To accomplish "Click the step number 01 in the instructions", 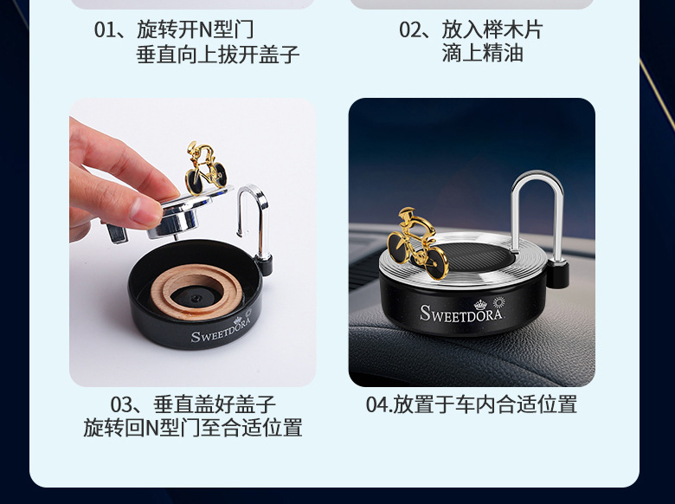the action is pyautogui.click(x=105, y=30).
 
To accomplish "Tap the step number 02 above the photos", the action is pyautogui.click(x=409, y=30).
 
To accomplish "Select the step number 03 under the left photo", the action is pyautogui.click(x=121, y=405).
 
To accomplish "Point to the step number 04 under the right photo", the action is pyautogui.click(x=376, y=405).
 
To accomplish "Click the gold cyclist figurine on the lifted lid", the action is pyautogui.click(x=205, y=168).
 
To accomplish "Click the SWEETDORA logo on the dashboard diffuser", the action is pyautogui.click(x=461, y=313).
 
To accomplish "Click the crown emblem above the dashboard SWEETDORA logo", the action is pyautogui.click(x=480, y=305).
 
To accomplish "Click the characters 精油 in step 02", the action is pyautogui.click(x=503, y=54).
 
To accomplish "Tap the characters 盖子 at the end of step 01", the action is pyautogui.click(x=279, y=55).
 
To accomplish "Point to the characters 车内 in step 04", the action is pyautogui.click(x=476, y=405).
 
